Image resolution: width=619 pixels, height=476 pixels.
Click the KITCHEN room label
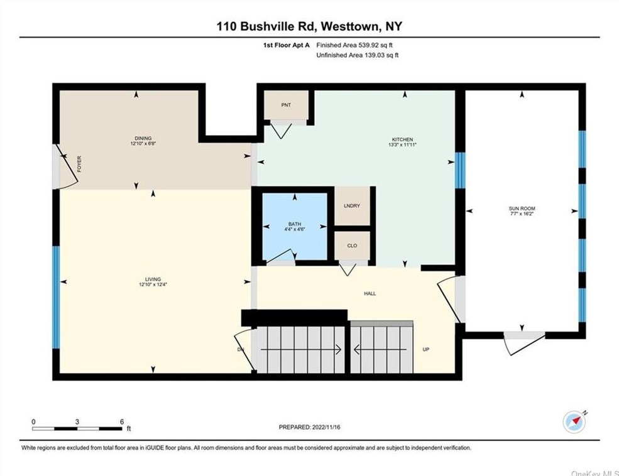coord(402,139)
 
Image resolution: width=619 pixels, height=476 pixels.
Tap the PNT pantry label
coord(286,105)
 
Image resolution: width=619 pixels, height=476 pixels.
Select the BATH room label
coord(295,224)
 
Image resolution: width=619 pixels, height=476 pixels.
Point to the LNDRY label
coord(352,205)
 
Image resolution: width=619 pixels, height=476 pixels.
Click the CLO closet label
coord(352,246)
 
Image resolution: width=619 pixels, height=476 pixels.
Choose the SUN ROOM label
coord(522,208)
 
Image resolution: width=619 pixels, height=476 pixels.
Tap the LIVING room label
coord(153,279)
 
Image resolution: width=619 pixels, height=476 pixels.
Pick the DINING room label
coord(143,138)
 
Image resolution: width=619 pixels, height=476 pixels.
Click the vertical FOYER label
coord(79,164)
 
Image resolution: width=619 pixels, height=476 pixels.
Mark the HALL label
coord(370,293)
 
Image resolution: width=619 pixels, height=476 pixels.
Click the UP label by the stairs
coord(426,349)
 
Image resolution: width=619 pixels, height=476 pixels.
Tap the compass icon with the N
coord(574,421)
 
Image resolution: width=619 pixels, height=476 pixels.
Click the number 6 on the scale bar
coord(122,421)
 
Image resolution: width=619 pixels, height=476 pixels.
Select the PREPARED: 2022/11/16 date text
coord(309,427)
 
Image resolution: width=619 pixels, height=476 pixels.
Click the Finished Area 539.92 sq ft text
coord(354,45)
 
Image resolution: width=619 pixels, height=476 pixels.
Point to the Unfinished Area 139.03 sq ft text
coord(358,55)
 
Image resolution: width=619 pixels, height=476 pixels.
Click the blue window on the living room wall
coord(57,298)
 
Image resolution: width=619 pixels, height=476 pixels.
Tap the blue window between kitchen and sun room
coord(460,170)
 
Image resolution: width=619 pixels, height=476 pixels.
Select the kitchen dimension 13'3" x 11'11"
coord(402,144)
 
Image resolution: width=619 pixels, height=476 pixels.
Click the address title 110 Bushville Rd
coord(266,26)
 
